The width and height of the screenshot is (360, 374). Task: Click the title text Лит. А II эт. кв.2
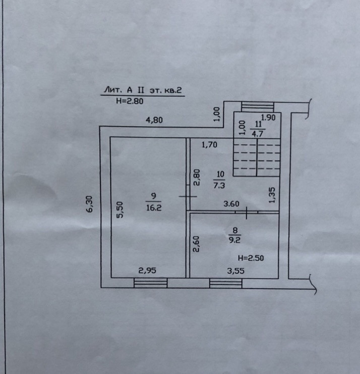tap(142, 90)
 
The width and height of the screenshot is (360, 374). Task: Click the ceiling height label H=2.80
tap(130, 101)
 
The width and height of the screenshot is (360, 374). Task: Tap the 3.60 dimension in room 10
tap(231, 204)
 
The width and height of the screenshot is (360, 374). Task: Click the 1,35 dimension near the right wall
tap(272, 194)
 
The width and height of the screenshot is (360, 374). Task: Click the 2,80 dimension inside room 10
tap(197, 177)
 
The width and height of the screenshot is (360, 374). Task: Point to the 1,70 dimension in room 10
tap(209, 145)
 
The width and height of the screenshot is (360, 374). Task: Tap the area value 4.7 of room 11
tap(258, 134)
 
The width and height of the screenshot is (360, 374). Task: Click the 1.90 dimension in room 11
tap(269, 118)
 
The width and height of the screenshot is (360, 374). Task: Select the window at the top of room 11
tap(257, 106)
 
